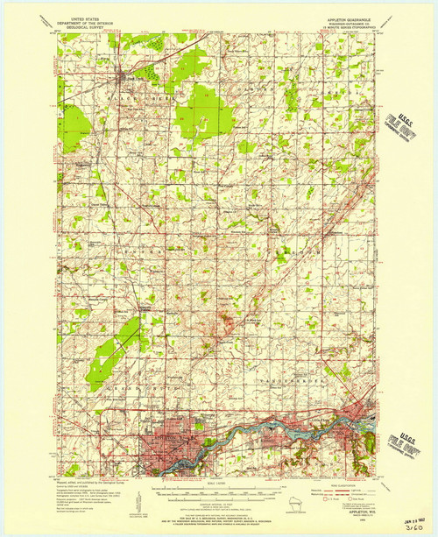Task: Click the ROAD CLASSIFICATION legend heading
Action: (350, 483)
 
